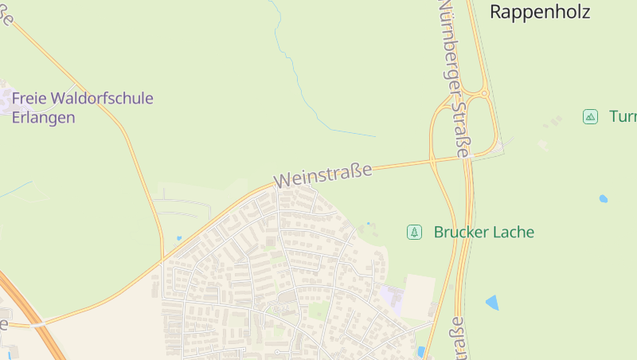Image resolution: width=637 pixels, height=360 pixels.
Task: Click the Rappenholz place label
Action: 539,11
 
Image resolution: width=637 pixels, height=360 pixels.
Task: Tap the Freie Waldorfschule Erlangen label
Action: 82,108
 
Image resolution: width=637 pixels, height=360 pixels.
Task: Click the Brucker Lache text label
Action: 483,233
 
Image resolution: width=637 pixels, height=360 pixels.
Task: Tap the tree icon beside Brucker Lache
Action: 414,232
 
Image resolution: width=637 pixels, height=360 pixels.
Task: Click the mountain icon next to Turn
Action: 590,116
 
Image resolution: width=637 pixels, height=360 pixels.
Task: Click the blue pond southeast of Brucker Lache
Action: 492,303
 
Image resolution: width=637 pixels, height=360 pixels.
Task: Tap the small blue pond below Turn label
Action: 603,198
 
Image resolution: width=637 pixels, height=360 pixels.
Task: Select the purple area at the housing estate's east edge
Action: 392,297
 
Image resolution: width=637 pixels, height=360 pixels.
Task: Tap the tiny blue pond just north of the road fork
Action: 179,237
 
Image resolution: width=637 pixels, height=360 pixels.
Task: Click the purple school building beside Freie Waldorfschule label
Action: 5,99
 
